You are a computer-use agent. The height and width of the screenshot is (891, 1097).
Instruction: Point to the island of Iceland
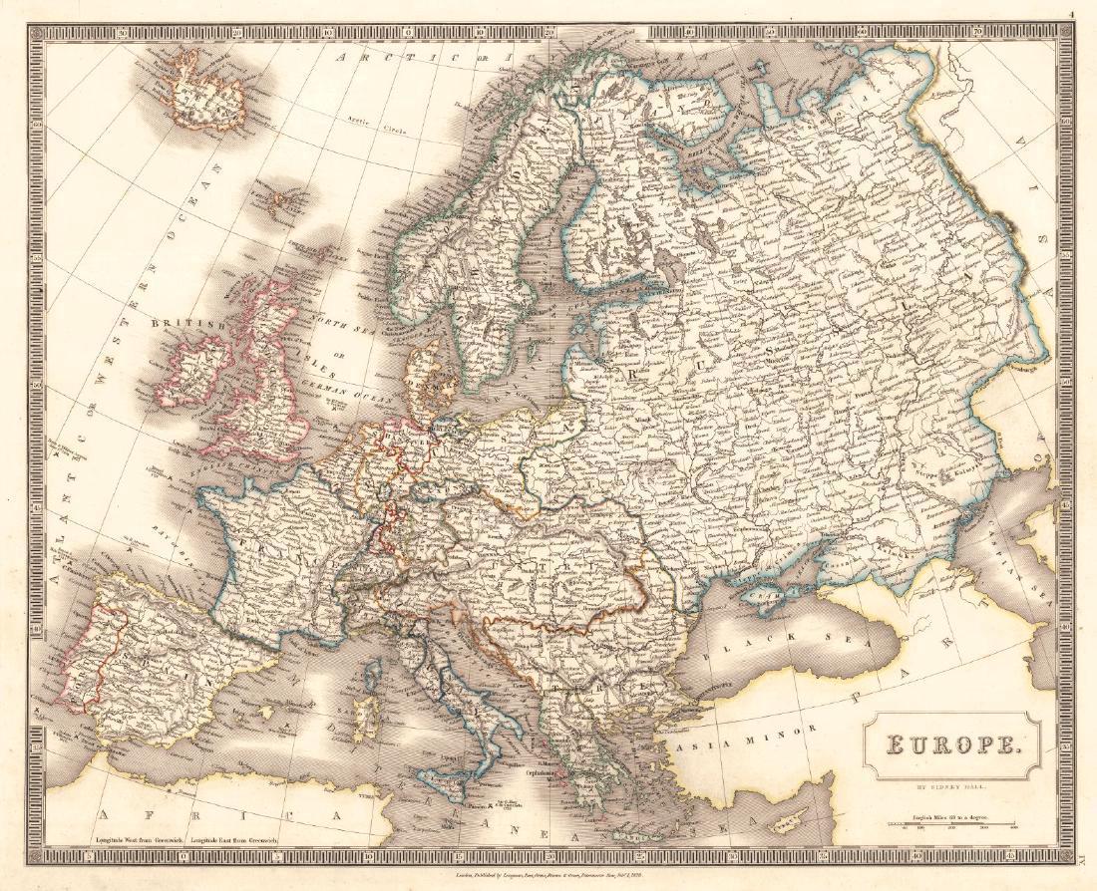pyautogui.click(x=209, y=95)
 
